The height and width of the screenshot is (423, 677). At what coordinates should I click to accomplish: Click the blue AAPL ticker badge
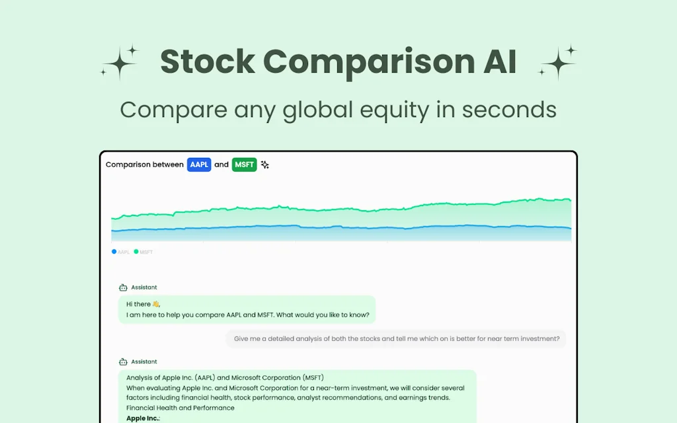pos(199,165)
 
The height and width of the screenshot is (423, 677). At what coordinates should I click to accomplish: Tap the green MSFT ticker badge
pos(244,165)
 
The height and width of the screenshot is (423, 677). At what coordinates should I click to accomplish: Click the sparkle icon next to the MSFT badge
pos(264,165)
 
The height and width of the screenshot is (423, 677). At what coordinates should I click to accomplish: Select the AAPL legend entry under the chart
pos(121,252)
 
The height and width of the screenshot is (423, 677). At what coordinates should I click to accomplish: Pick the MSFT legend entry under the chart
pos(143,252)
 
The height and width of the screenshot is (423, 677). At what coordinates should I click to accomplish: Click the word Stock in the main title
pos(208,62)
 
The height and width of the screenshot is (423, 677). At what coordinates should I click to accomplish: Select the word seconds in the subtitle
pos(509,109)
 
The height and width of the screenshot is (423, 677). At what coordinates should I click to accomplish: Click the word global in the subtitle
pos(319,109)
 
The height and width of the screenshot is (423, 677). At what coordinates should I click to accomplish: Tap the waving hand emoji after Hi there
pos(156,304)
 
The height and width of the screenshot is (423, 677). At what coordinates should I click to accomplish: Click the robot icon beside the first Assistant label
pos(123,288)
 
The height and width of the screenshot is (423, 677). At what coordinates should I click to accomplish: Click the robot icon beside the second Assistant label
pos(123,362)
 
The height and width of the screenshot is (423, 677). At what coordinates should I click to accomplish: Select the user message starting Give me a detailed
pos(396,339)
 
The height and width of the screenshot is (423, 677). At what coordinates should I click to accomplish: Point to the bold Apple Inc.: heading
pos(143,418)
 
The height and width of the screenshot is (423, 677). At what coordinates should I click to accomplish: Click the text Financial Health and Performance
pos(180,408)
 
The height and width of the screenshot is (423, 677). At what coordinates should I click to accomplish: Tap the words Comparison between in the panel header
pos(145,165)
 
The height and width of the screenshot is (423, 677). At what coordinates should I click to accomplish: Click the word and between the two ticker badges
pos(221,165)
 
